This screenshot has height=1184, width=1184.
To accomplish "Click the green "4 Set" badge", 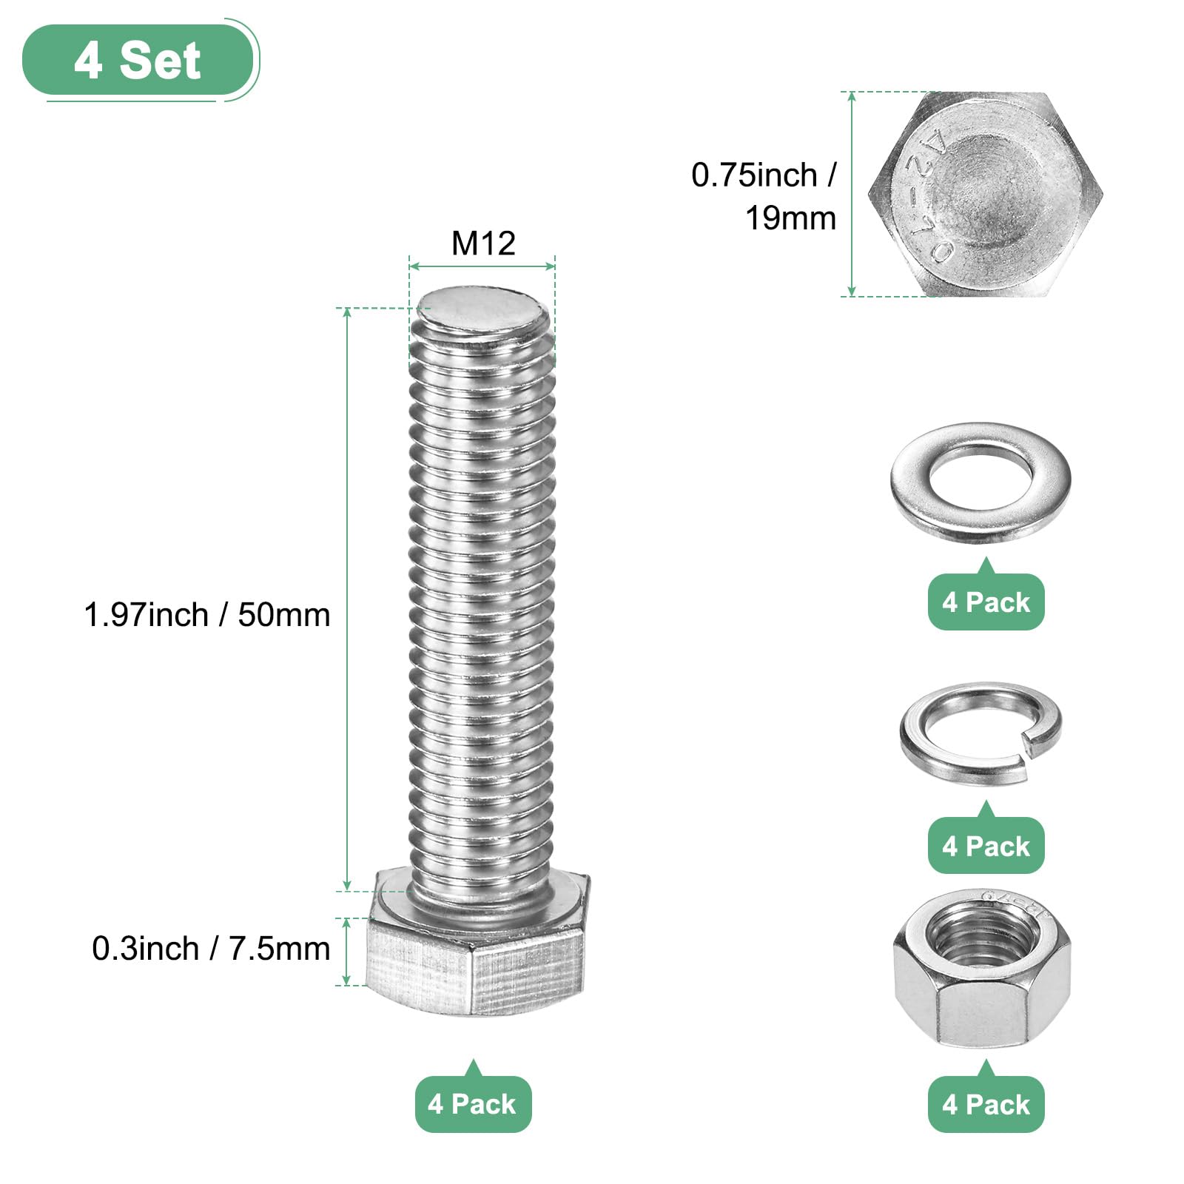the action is point(138,60).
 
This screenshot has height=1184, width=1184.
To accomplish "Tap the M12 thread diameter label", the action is point(483,243).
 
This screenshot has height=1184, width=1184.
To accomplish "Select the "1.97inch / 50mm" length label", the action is point(207,615).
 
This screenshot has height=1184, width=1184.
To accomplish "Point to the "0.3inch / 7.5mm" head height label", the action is point(211,949).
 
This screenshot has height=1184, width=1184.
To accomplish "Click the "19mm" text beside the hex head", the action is point(790,218).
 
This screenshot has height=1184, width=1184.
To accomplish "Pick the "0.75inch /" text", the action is point(764,175).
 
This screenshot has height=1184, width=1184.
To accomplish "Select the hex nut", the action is point(982,969).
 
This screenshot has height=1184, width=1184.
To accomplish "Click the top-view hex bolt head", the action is point(985,194).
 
